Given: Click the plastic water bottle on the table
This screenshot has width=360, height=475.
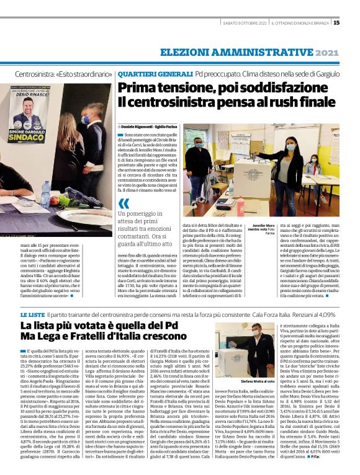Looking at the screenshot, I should [45, 193].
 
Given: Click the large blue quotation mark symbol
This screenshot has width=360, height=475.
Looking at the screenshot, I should [125, 203].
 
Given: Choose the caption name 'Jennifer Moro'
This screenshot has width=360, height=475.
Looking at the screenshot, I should [263, 226].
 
